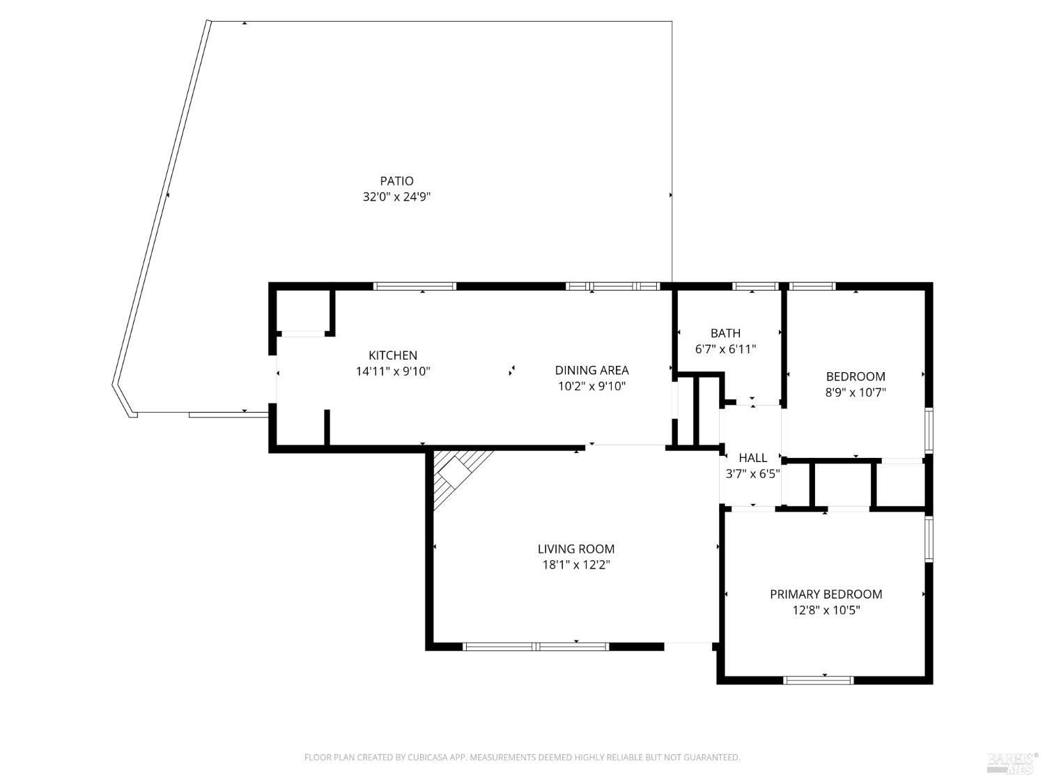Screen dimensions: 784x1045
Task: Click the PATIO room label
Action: click(396, 181)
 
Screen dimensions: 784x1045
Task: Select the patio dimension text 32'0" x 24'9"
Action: click(396, 197)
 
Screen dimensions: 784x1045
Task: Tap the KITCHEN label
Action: click(393, 355)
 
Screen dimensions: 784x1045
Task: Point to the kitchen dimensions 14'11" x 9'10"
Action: click(393, 371)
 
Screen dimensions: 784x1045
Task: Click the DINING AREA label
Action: click(591, 370)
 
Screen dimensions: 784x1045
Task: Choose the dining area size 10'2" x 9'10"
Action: click(591, 386)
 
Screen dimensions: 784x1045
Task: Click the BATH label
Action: click(725, 333)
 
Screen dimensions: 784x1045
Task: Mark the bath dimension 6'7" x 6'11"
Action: click(725, 349)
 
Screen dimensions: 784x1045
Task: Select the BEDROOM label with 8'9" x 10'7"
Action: click(855, 376)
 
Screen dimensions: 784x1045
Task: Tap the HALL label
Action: click(752, 458)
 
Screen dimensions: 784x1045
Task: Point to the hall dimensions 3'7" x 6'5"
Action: click(752, 473)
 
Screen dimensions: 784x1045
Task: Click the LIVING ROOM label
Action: click(575, 549)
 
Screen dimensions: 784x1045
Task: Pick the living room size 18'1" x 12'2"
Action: click(575, 565)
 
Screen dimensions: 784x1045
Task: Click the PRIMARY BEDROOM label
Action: click(826, 594)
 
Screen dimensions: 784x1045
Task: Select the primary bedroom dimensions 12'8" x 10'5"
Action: click(826, 610)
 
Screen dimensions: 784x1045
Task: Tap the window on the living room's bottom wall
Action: click(536, 647)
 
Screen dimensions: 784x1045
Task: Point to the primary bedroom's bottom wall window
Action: click(818, 680)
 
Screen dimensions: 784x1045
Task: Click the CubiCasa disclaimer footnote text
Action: click(522, 758)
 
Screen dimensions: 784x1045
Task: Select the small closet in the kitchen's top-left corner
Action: click(302, 311)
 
